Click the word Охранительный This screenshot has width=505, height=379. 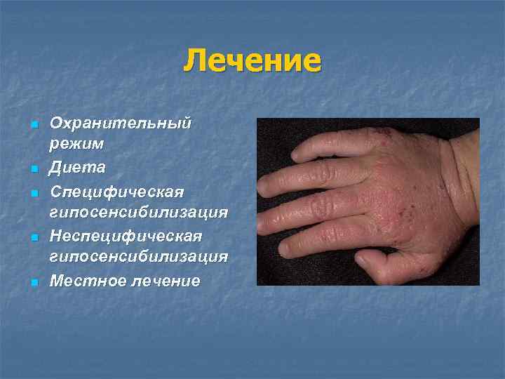(x=121, y=124)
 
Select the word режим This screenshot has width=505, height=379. (x=76, y=145)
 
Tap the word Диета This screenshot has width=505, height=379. (x=77, y=168)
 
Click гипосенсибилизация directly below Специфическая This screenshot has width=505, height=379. (x=138, y=213)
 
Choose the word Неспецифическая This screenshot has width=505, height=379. (x=126, y=235)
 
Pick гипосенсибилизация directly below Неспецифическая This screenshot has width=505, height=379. (x=138, y=257)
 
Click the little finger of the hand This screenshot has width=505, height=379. (x=330, y=144)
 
